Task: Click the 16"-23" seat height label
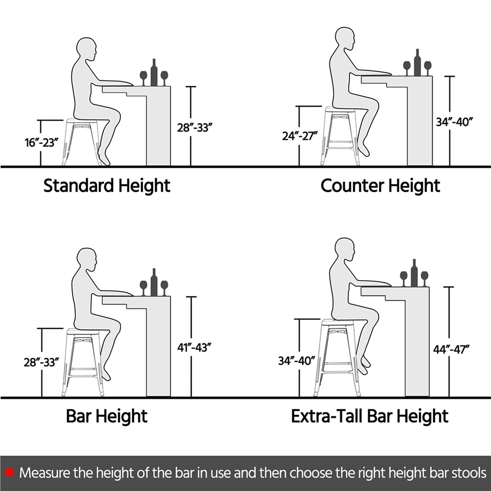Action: point(41,143)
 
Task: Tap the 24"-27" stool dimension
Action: point(300,136)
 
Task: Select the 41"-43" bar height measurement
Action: point(194,348)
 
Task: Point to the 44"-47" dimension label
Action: point(451,350)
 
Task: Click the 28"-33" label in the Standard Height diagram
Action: point(195,128)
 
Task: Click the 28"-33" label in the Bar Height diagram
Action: point(41,362)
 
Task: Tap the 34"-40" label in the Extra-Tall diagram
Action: point(296,361)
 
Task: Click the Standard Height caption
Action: point(107,186)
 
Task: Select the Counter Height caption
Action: point(380,186)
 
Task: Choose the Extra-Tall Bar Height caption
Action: point(369,416)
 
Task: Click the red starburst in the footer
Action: point(10,472)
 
